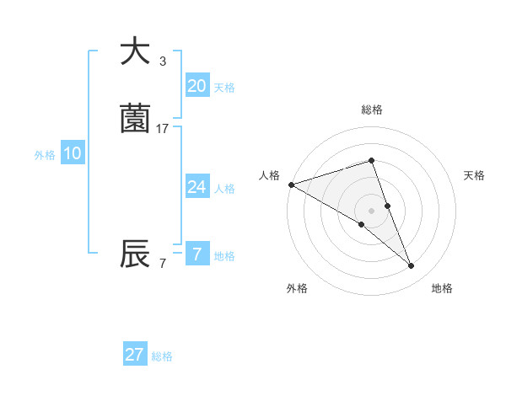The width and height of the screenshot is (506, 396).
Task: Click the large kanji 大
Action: (x=135, y=52)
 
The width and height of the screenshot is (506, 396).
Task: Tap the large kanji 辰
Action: (x=135, y=254)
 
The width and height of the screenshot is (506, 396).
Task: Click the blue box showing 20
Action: (x=196, y=86)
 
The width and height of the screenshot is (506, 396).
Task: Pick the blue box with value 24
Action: (x=196, y=187)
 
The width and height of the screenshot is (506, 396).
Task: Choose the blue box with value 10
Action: (x=72, y=153)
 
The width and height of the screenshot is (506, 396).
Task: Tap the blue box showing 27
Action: (x=134, y=355)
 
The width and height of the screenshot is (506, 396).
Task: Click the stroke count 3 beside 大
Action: (x=163, y=61)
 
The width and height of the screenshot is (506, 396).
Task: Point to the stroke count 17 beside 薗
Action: (x=163, y=128)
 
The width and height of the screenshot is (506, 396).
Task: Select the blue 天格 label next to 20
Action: (x=224, y=88)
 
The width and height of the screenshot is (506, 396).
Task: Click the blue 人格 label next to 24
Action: (x=224, y=189)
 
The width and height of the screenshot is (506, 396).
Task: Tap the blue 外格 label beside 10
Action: (x=44, y=155)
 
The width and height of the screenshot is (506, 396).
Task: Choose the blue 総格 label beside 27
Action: (x=162, y=356)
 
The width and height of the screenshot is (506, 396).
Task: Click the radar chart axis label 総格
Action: (x=372, y=110)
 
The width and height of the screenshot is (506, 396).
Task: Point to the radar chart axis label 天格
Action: (x=475, y=175)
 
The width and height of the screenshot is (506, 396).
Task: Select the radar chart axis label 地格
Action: (x=442, y=288)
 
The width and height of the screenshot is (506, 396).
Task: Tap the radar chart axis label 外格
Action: (x=297, y=288)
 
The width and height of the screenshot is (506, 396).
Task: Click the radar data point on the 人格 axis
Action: (x=291, y=185)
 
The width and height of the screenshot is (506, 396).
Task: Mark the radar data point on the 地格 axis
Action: (x=412, y=266)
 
